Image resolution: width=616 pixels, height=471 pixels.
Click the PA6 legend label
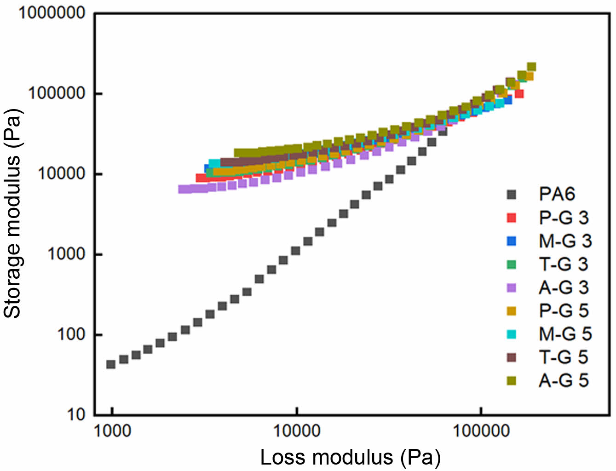click(557, 195)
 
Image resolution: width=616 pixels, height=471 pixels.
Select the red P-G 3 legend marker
click(511, 218)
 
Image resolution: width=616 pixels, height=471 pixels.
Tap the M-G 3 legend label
click(565, 241)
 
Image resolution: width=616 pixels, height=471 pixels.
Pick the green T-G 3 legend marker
click(511, 264)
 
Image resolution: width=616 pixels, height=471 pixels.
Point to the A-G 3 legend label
click(564, 287)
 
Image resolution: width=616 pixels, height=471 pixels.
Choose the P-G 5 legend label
click(564, 311)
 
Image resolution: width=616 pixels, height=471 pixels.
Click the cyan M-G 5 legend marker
click(511, 334)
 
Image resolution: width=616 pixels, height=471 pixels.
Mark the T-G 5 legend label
click(564, 357)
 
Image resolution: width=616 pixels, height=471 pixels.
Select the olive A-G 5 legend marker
click(511, 381)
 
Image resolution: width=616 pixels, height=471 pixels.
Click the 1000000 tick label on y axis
click(52, 13)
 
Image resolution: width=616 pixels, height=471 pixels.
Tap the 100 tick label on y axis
click(71, 334)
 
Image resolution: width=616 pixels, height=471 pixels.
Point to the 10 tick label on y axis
click(76, 415)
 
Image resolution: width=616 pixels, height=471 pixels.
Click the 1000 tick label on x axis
click(112, 431)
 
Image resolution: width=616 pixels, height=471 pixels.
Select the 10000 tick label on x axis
click(297, 431)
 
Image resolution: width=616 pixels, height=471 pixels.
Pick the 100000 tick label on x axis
click(481, 431)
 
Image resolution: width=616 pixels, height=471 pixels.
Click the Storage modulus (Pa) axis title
click(12, 213)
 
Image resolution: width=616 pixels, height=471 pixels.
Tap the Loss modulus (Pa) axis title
click(351, 458)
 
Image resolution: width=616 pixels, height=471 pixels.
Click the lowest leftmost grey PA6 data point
click(111, 364)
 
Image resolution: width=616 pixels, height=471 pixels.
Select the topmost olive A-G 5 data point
click(531, 67)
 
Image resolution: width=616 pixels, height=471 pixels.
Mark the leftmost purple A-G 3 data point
click(183, 189)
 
